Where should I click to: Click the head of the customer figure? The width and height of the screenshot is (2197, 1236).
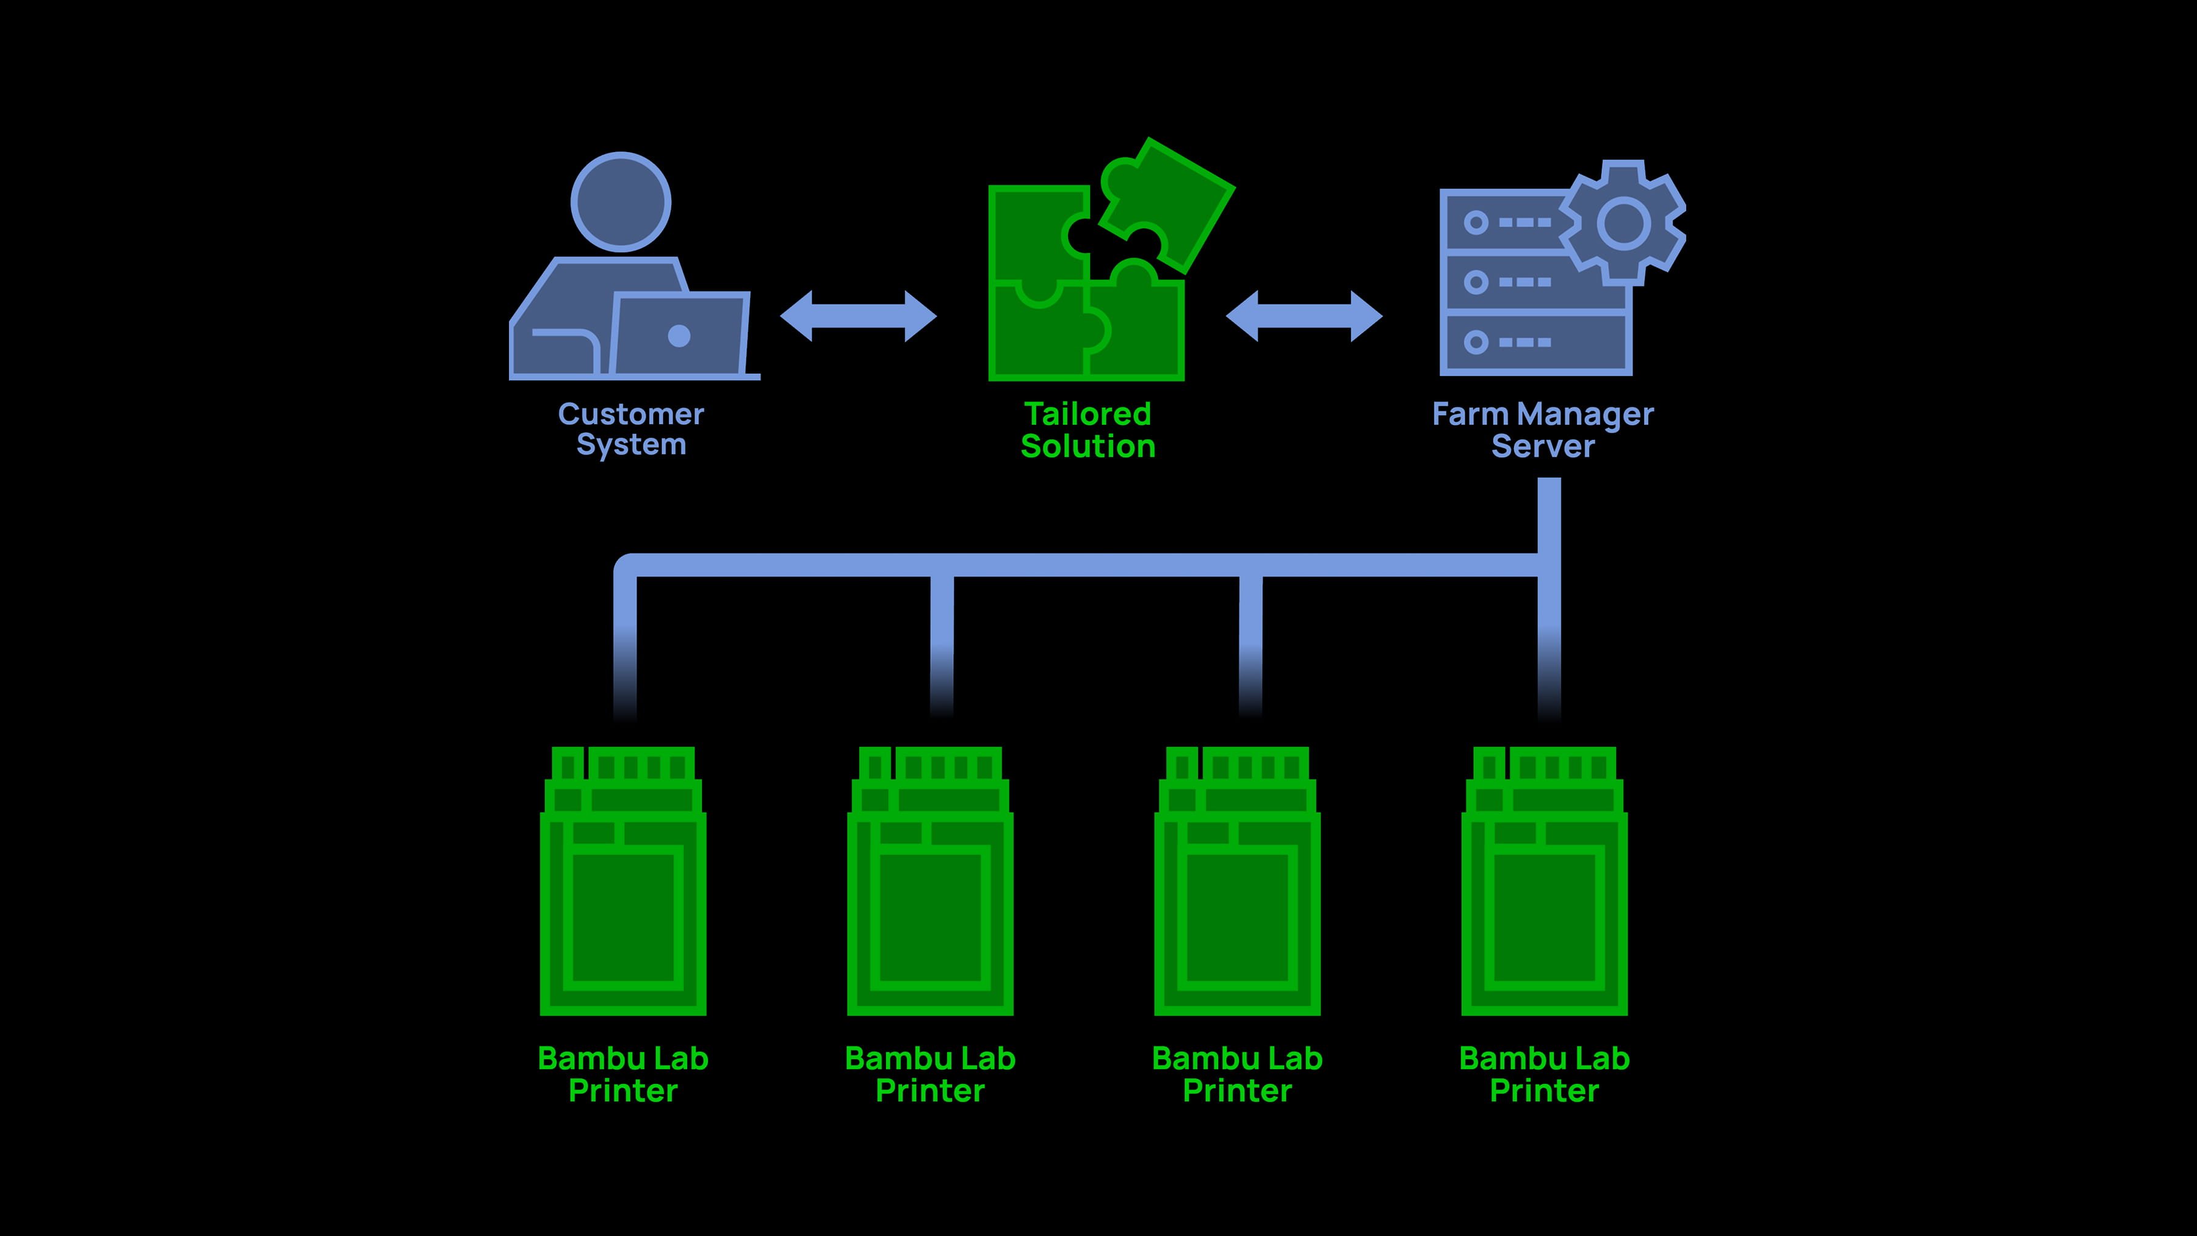[x=620, y=202]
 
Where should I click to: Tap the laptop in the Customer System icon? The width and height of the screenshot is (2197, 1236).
[x=680, y=334]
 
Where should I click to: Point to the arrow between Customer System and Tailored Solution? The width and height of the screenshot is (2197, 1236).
[x=858, y=316]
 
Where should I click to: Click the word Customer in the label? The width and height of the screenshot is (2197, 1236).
[x=630, y=414]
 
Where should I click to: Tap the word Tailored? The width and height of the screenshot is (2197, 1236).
[x=1088, y=414]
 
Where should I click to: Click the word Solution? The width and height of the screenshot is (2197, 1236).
[x=1088, y=446]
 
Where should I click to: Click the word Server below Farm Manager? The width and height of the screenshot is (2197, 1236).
[x=1542, y=446]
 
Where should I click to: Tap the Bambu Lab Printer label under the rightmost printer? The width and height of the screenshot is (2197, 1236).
[x=1544, y=1074]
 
